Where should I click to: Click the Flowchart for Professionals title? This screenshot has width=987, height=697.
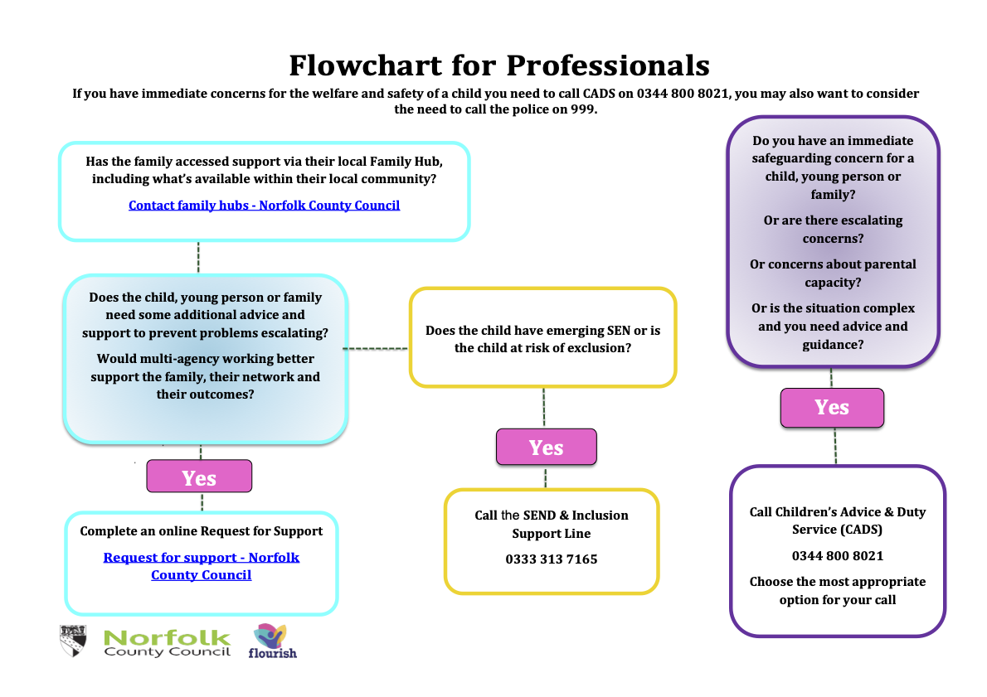click(x=498, y=65)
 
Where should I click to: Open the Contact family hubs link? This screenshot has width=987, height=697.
click(x=264, y=205)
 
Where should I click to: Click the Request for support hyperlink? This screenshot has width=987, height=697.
click(x=201, y=566)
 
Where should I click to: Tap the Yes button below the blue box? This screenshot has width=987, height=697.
click(x=199, y=477)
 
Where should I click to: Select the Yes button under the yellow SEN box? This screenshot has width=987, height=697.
click(x=546, y=448)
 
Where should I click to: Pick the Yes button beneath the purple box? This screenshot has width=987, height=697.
click(x=831, y=407)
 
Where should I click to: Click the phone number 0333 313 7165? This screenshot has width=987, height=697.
click(x=551, y=559)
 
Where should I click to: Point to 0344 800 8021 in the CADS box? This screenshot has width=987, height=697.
click(x=837, y=555)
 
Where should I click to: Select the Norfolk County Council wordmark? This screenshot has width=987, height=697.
click(x=167, y=642)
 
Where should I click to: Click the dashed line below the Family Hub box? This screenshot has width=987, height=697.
click(x=198, y=257)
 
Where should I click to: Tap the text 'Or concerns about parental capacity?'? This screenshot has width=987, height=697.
click(x=833, y=273)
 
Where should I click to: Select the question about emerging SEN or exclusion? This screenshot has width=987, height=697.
click(x=542, y=339)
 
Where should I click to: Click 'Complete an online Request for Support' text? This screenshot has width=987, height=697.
click(x=201, y=531)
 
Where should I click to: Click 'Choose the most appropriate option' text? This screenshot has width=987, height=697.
click(x=837, y=590)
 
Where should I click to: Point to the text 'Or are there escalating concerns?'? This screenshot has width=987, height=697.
click(x=833, y=230)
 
